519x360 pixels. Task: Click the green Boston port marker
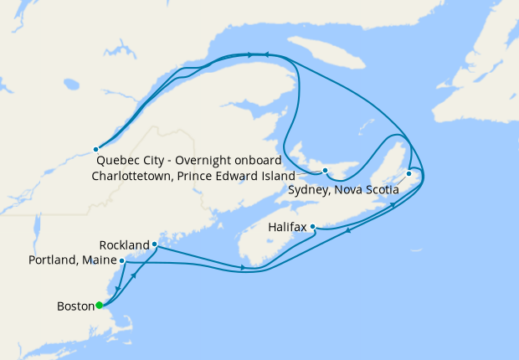[99, 305]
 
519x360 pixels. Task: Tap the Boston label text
[75, 306]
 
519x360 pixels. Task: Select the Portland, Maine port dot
[123, 260]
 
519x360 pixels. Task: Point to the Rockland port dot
[155, 244]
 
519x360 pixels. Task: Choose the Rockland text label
[124, 245]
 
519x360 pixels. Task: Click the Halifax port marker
[312, 226]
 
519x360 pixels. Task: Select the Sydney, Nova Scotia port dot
[409, 174]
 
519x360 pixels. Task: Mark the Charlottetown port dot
[326, 172]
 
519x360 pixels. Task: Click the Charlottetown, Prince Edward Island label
[193, 177]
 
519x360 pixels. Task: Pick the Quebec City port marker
[95, 149]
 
